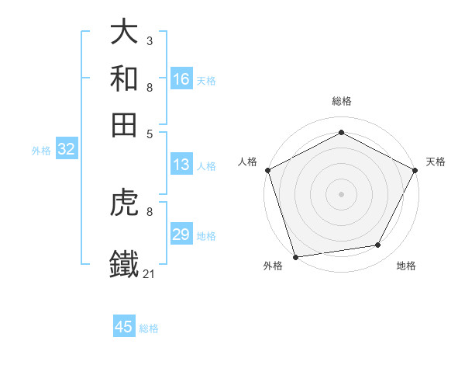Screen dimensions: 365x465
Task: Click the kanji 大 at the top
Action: [x=124, y=32]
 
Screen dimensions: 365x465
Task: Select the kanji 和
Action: [x=124, y=78]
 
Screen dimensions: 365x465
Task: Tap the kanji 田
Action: [x=124, y=125]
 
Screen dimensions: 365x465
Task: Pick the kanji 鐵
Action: [x=124, y=263]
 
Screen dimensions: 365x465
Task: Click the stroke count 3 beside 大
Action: [x=149, y=40]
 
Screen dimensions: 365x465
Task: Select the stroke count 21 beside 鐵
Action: [x=149, y=273]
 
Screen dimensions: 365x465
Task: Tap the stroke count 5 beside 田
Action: [x=149, y=134]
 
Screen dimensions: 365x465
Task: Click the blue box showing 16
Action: [x=181, y=79]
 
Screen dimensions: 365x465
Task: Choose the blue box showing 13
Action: [x=181, y=165]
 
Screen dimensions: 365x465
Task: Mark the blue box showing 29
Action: [x=181, y=235]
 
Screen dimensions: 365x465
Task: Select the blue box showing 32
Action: [x=66, y=150]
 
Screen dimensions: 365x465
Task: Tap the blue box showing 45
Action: [x=124, y=327]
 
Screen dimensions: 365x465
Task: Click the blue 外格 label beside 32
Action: [x=41, y=151]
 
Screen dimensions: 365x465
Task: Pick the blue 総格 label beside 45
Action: [x=149, y=328]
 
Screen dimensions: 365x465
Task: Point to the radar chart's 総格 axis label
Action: [x=341, y=101]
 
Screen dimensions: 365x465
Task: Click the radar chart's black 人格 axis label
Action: [x=248, y=162]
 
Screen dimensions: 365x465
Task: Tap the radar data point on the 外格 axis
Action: [x=295, y=256]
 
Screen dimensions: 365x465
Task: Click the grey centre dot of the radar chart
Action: [x=341, y=193]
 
